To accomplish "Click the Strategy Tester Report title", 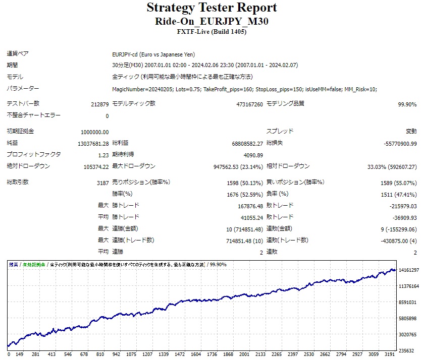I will tap(212, 8).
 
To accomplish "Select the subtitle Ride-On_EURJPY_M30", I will tap(212, 21).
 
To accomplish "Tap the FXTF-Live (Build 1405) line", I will tap(212, 32).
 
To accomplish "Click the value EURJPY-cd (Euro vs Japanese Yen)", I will tap(153, 54).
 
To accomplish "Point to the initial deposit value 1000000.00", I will tap(94, 132).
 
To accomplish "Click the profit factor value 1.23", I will tap(103, 155).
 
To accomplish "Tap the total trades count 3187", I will tap(102, 183).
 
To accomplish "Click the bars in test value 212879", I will tap(98, 104).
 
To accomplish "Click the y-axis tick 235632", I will tap(406, 351).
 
